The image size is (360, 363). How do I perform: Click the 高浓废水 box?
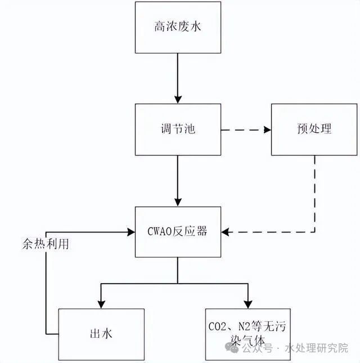click(178, 27)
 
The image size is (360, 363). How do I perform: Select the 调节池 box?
click(178, 129)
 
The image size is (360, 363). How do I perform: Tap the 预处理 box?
click(314, 129)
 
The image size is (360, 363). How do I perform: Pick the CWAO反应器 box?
click(178, 231)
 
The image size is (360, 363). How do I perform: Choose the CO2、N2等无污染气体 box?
click(247, 334)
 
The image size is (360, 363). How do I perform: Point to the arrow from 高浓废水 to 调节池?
click(178, 78)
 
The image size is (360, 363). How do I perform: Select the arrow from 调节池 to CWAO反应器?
click(178, 180)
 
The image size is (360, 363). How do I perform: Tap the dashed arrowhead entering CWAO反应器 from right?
click(225, 231)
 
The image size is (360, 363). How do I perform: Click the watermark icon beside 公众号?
click(232, 348)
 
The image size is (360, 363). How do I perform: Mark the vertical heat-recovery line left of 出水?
click(46, 281)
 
